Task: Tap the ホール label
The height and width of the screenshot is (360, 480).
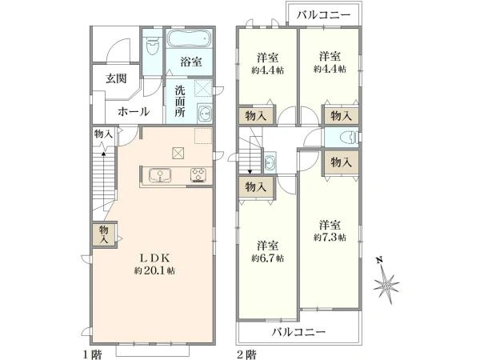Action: click(x=133, y=112)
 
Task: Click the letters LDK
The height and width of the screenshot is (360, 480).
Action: click(x=157, y=258)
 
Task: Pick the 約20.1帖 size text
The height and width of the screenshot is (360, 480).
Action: click(x=157, y=271)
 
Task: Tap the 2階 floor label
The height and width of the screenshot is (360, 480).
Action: click(x=246, y=353)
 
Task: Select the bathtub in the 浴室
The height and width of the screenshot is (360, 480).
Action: click(x=190, y=38)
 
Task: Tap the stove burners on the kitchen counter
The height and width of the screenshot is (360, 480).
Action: click(x=197, y=175)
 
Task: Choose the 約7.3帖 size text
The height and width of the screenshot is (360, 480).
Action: click(x=329, y=230)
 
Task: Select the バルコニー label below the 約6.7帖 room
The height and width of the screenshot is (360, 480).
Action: click(x=298, y=332)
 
